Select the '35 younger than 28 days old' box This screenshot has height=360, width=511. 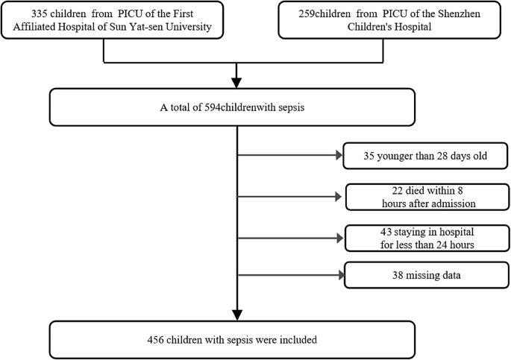[x=426, y=156]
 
